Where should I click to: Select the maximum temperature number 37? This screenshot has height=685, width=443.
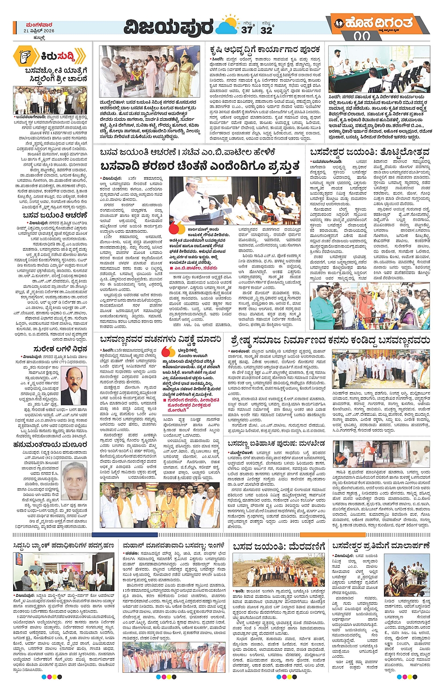(x=247, y=30)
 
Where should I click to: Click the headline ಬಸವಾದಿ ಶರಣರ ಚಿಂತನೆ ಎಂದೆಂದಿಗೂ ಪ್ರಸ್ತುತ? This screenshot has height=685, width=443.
(x=199, y=166)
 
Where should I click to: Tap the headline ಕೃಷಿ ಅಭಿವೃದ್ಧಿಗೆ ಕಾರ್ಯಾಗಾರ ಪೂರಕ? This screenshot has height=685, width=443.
(x=265, y=50)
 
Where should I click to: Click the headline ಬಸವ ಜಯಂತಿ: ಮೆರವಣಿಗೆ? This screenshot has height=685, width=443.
(x=278, y=546)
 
